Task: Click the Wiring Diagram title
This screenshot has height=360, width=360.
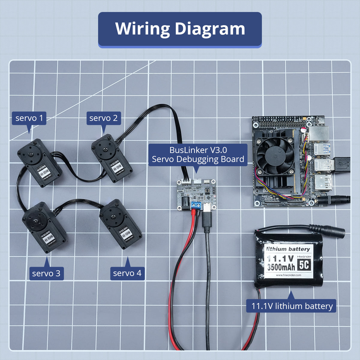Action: click(x=180, y=29)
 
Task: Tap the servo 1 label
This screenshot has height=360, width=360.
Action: click(x=29, y=118)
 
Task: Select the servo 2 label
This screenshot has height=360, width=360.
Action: click(x=103, y=118)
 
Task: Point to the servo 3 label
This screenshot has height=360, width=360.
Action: click(x=46, y=273)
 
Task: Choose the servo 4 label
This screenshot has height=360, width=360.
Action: click(x=127, y=273)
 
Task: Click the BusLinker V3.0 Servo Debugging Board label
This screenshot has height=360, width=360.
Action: click(x=198, y=154)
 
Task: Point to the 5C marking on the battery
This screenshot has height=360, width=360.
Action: click(x=304, y=265)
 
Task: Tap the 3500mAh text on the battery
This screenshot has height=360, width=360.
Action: click(x=281, y=267)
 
